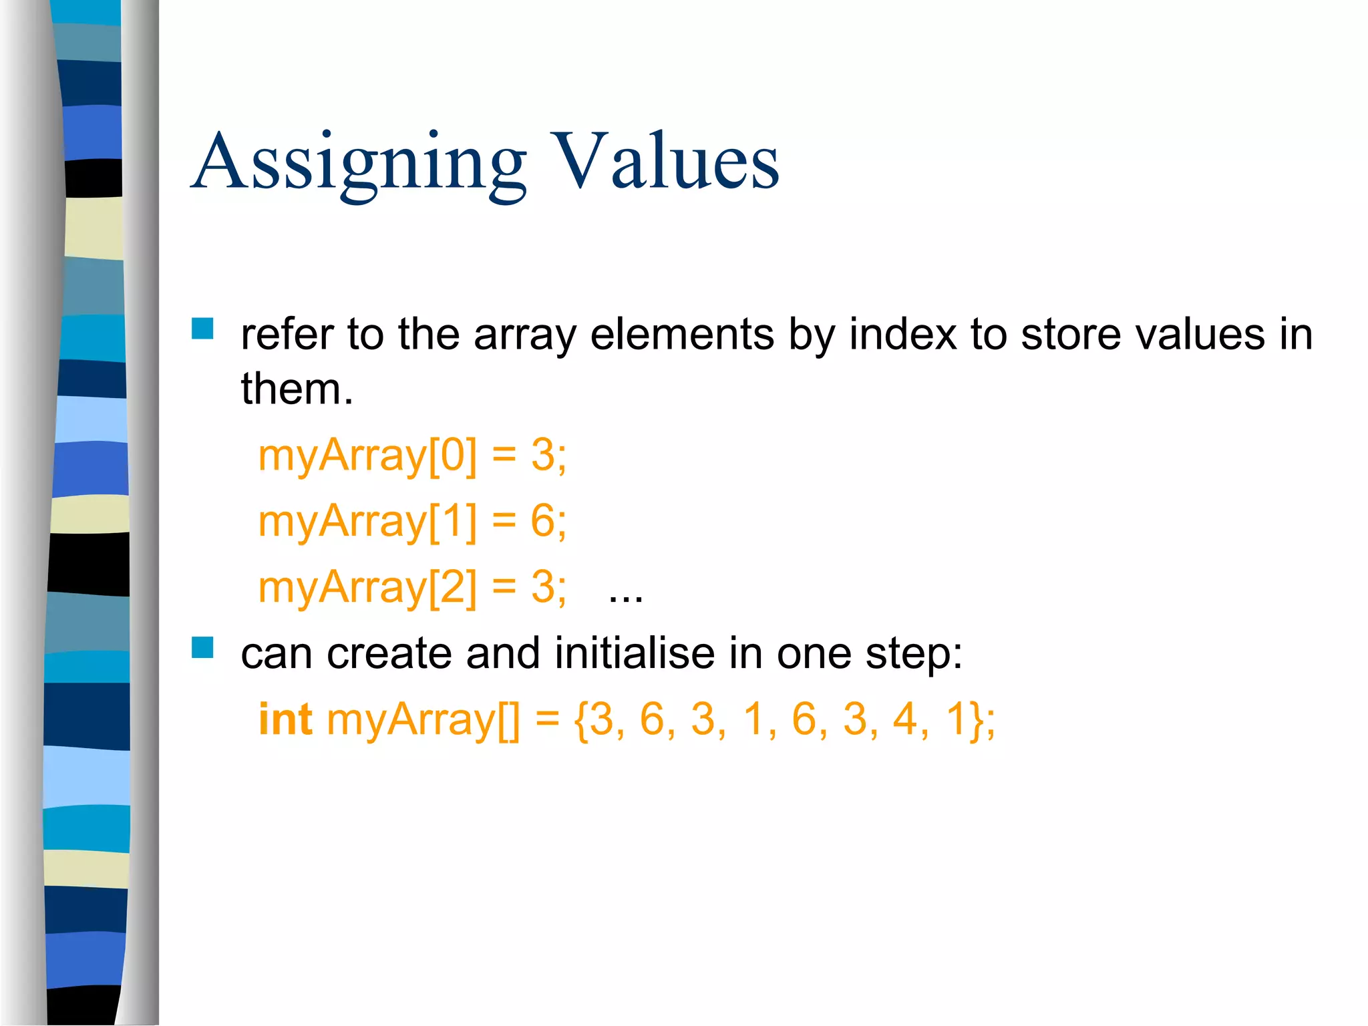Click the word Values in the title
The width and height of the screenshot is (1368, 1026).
[x=666, y=162]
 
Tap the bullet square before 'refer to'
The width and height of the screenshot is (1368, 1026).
[x=202, y=329]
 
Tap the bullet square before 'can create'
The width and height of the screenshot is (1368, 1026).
[x=202, y=647]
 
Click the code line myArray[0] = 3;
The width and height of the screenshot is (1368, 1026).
[x=412, y=456]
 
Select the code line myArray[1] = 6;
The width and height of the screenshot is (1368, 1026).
[x=412, y=521]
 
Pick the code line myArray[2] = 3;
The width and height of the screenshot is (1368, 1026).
[x=412, y=587]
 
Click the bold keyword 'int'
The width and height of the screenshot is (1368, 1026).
[x=285, y=719]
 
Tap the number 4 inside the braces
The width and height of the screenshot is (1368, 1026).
[x=905, y=719]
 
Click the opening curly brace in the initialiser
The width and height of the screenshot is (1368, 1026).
[x=580, y=721]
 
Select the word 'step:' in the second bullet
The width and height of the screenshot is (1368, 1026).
[x=914, y=654]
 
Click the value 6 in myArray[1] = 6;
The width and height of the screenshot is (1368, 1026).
[x=543, y=521]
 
